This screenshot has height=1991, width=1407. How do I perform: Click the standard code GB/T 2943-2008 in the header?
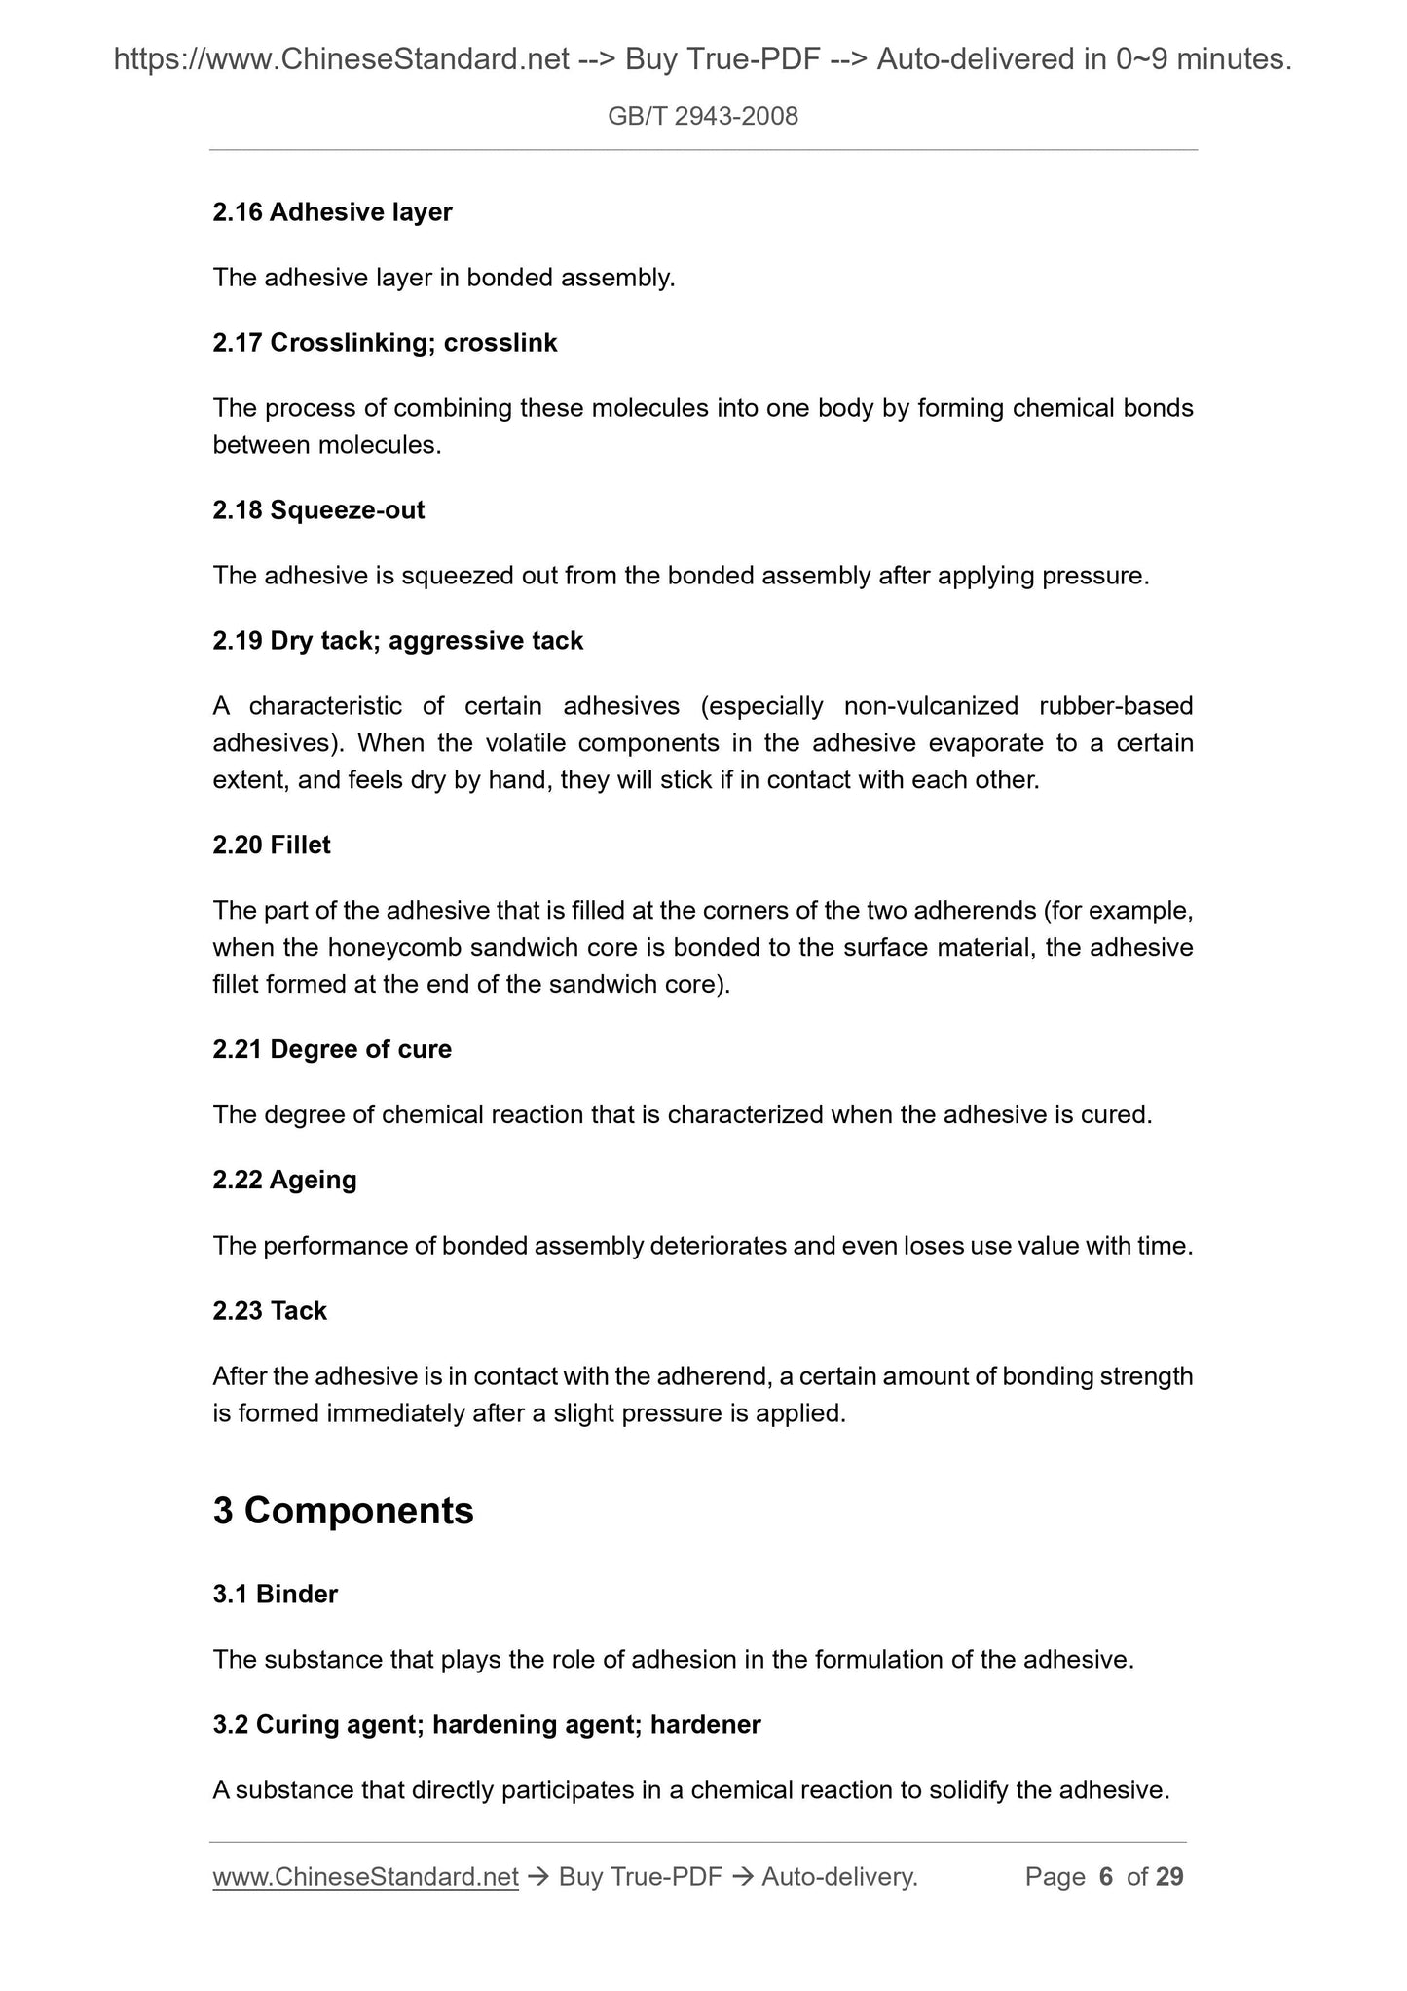(x=702, y=117)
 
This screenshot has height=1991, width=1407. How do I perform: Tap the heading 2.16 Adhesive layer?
(x=332, y=211)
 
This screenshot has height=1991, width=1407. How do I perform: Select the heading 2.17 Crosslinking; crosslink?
(x=385, y=343)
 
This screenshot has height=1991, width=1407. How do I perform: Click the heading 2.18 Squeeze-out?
(x=318, y=510)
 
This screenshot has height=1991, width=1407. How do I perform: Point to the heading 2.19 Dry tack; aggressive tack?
(x=397, y=641)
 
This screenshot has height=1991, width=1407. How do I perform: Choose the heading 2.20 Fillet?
(x=272, y=845)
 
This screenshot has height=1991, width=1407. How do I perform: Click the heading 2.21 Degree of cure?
(x=332, y=1049)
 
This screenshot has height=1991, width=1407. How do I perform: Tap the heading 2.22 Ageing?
(x=284, y=1180)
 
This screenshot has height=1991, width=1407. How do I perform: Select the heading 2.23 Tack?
(x=270, y=1311)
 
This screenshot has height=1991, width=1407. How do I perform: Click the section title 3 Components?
(x=343, y=1511)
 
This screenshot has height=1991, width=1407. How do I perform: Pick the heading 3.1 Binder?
(x=275, y=1595)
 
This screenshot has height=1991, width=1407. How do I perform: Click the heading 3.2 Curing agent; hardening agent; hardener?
(x=487, y=1725)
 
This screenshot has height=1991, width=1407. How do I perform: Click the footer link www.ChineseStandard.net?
(x=365, y=1877)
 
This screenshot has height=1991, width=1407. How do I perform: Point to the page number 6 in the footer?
(x=1105, y=1877)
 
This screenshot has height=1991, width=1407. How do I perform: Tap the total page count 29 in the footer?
(x=1169, y=1877)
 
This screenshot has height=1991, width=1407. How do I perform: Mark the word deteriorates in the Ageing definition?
(x=717, y=1246)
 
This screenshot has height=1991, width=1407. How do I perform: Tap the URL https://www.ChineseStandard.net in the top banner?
(x=341, y=60)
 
